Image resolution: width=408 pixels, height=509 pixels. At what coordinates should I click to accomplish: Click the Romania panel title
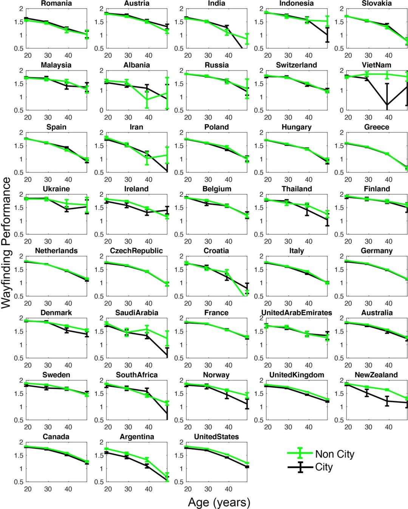56,3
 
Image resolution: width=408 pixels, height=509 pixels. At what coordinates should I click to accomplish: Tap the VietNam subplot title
376,65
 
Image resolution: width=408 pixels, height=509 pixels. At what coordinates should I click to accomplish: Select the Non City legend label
335,454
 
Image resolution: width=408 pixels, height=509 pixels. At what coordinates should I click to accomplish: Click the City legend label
324,467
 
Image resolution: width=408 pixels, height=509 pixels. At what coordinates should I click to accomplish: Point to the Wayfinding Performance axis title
6,243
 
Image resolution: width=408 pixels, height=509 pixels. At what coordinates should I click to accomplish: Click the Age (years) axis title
219,502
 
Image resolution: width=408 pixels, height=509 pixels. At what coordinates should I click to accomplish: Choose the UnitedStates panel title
216,437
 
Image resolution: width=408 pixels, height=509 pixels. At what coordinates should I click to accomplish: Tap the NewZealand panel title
376,375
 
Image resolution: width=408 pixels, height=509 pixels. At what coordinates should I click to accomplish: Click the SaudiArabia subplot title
137,313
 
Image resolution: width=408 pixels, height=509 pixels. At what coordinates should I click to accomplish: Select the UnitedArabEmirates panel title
297,313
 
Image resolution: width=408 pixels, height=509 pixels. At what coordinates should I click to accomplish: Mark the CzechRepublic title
136,251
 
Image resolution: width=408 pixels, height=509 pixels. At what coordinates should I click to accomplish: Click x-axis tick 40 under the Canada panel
68,489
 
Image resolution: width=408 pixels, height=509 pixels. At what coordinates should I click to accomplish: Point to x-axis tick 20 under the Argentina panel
108,489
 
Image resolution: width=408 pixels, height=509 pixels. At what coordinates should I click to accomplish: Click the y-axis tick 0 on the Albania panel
101,110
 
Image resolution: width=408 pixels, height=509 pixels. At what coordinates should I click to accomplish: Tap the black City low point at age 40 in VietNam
387,105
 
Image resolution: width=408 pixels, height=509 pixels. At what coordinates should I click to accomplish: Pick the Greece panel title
376,127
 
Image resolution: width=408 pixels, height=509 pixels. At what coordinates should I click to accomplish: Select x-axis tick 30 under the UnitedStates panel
208,489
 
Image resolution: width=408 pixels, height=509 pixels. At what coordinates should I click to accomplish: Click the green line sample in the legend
300,453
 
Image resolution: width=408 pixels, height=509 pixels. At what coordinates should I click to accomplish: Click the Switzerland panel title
297,65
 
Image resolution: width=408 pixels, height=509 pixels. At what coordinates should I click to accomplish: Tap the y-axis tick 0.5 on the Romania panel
19,48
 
